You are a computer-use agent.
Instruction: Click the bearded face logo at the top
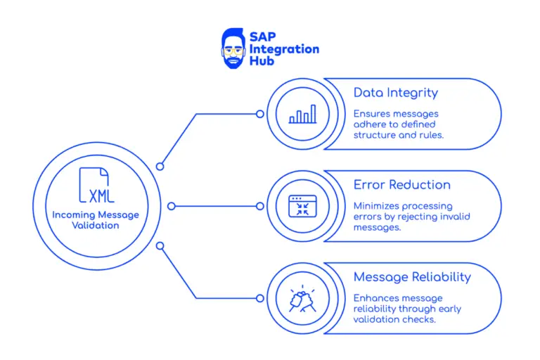point(234,48)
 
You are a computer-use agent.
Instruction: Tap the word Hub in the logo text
point(264,60)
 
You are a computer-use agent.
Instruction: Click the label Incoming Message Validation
point(95,220)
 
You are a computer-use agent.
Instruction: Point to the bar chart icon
point(303,114)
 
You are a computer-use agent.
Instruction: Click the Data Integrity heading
point(395,93)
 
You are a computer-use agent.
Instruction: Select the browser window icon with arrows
point(303,206)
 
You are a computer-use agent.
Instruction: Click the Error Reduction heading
point(401,185)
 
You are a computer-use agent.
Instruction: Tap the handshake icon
point(303,298)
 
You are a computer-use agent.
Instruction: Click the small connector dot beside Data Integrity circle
point(260,114)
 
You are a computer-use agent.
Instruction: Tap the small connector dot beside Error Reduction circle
point(260,206)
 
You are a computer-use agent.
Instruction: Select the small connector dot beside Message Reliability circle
point(260,298)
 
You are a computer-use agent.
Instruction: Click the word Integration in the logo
point(284,49)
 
